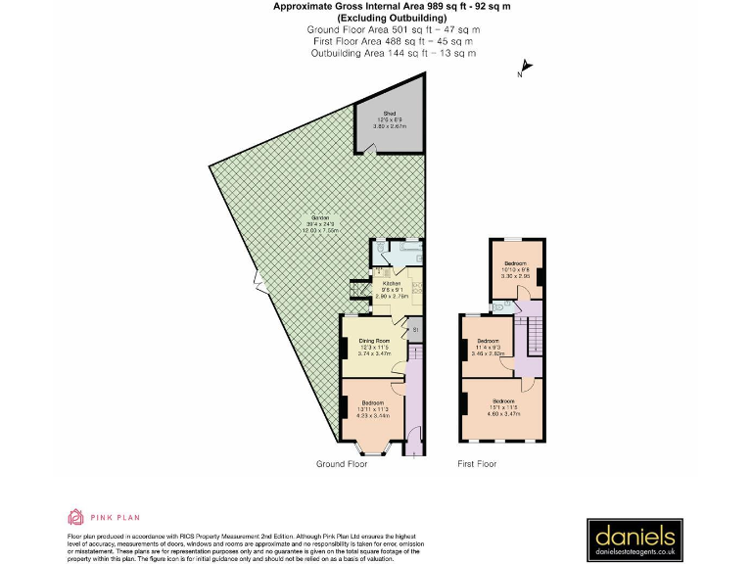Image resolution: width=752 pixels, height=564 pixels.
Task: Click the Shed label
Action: click(390, 114)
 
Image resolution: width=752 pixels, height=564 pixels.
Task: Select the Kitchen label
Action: click(392, 284)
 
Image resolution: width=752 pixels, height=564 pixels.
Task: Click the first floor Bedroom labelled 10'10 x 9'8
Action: click(516, 264)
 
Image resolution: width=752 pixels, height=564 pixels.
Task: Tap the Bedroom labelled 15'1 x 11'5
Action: click(503, 401)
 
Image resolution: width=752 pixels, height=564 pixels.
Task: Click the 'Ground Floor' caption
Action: click(341, 463)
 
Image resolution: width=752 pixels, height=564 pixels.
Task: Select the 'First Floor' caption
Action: click(478, 463)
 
